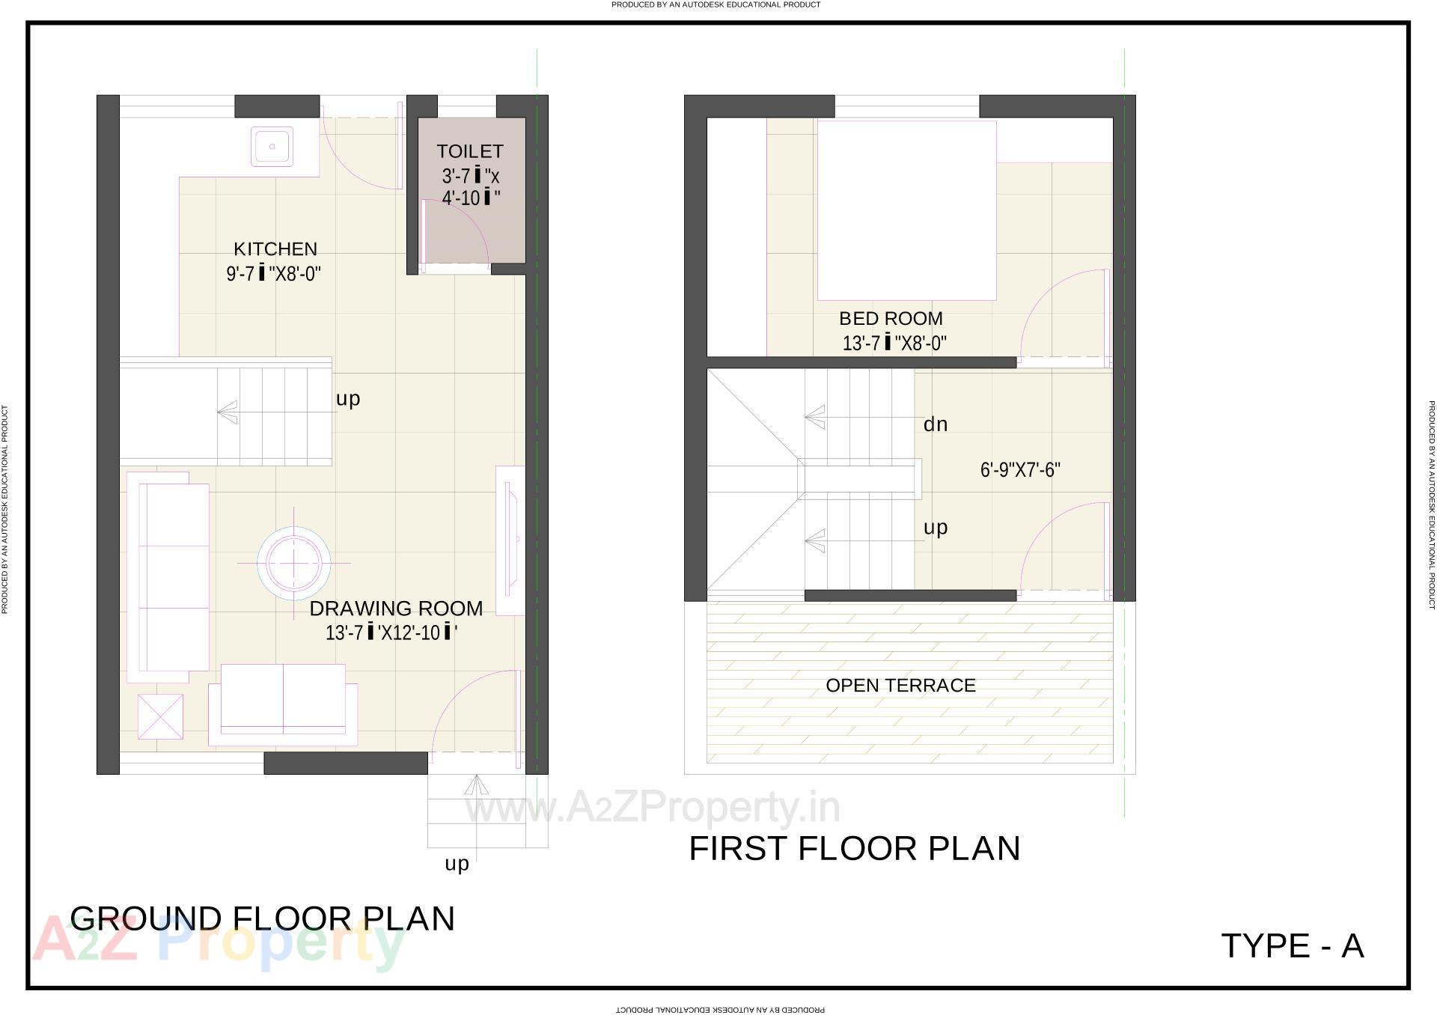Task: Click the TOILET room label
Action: [470, 151]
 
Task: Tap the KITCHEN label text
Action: [275, 249]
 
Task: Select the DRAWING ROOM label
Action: [396, 608]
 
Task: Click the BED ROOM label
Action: [891, 318]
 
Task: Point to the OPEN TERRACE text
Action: [900, 685]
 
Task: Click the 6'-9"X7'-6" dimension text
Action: [1020, 470]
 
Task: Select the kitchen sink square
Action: [272, 146]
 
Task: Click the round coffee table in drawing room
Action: [294, 562]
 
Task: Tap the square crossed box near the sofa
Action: [160, 716]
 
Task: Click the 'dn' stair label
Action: [936, 424]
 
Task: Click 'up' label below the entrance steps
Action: [457, 864]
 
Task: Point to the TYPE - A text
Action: [1292, 945]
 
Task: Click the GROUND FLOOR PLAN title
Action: [262, 918]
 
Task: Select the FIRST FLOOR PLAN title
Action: [854, 848]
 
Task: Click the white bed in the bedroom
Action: [906, 210]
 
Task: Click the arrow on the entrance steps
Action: [475, 785]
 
